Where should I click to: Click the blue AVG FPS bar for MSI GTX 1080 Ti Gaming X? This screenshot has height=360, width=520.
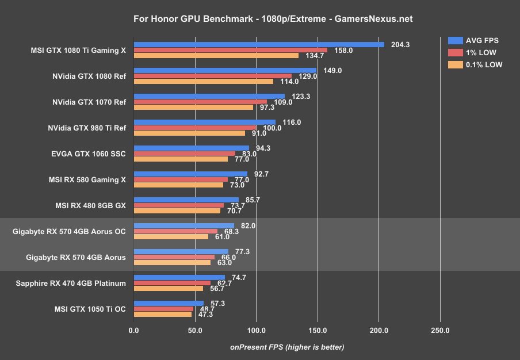click(x=259, y=44)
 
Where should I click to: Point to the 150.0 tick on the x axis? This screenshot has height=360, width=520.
click(x=318, y=330)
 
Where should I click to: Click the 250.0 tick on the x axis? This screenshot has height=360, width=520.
click(x=440, y=330)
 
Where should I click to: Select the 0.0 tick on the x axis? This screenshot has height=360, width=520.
click(x=134, y=330)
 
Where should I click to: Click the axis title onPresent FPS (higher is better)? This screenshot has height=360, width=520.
click(x=287, y=347)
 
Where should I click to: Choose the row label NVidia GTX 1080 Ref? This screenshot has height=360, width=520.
click(x=89, y=76)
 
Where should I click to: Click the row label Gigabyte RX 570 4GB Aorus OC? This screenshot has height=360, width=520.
click(x=69, y=231)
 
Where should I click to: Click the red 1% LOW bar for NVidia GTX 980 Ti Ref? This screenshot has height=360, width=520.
click(x=195, y=128)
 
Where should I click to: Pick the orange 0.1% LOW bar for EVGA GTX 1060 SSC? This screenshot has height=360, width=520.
click(x=181, y=159)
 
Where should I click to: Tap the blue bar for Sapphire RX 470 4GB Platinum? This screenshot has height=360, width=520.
click(x=179, y=277)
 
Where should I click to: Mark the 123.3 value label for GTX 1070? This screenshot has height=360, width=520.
click(x=301, y=96)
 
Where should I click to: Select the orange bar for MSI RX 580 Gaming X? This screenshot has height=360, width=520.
click(x=178, y=185)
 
